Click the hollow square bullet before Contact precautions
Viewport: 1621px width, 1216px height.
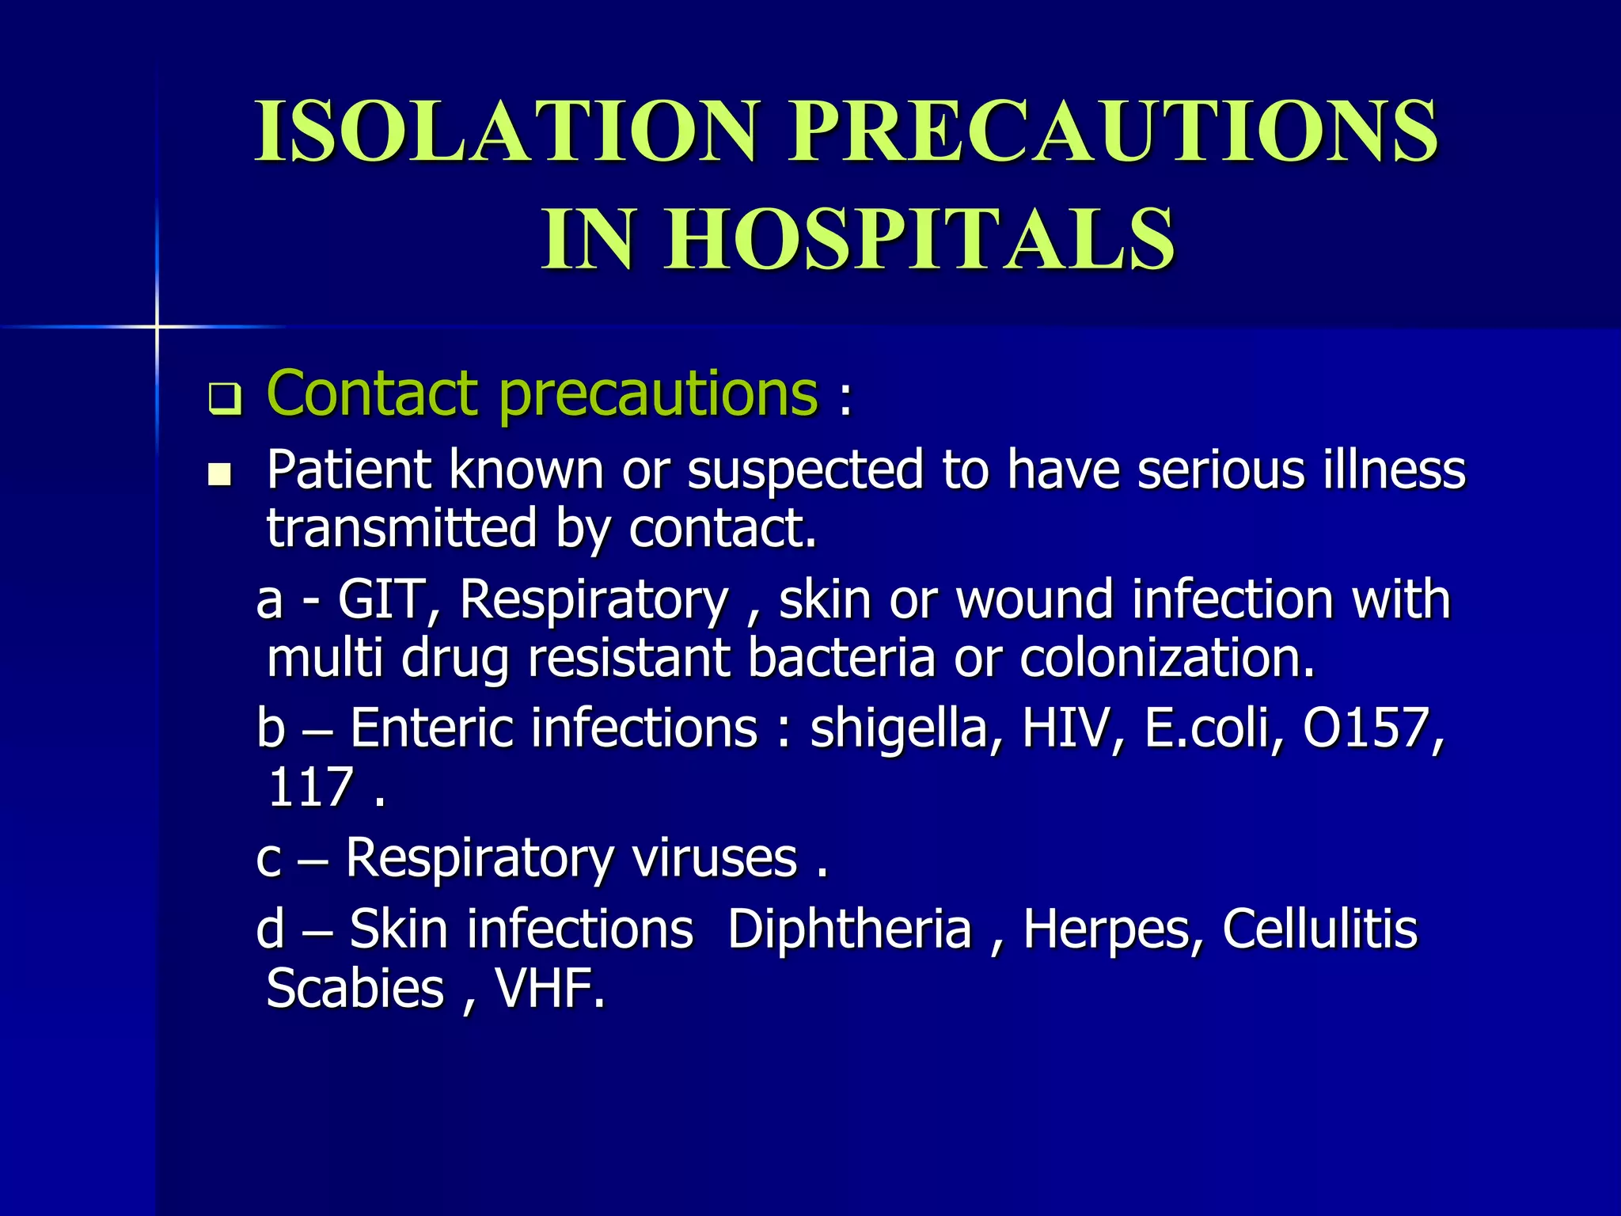(x=224, y=400)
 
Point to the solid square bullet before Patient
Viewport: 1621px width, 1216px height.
(x=219, y=475)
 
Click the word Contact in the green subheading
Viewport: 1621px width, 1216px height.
(x=372, y=393)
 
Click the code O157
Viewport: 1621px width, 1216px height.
(x=1373, y=728)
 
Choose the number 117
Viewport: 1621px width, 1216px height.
(x=309, y=788)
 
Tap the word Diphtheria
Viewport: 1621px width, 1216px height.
(x=849, y=929)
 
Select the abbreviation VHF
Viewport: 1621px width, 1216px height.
(x=549, y=989)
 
